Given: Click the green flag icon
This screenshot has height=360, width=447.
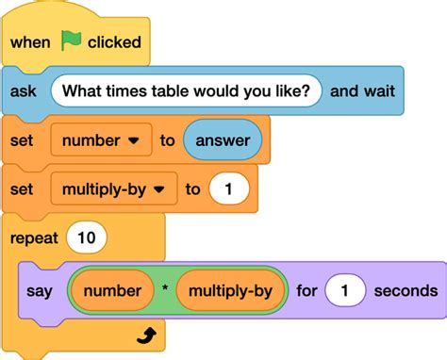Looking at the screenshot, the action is (72, 41).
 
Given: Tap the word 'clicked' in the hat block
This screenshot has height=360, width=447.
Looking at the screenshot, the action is (114, 42).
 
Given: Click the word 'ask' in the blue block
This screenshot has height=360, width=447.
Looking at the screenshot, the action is (24, 91).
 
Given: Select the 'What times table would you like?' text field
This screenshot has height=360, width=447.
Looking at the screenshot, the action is (187, 91).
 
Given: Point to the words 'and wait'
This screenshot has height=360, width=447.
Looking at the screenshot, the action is (362, 91).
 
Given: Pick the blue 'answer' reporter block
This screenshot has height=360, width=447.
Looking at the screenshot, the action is (223, 140).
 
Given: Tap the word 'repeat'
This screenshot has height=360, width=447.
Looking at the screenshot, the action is (33, 238).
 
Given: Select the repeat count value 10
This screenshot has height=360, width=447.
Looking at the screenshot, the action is (86, 238).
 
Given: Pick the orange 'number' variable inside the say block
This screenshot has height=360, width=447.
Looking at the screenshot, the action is (112, 290).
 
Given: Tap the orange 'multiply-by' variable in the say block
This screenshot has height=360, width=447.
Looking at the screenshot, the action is (230, 290).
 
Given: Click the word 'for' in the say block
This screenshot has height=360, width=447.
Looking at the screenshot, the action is (306, 290).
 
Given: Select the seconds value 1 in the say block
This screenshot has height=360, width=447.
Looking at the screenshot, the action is (345, 290).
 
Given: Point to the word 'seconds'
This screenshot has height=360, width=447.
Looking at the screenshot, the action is (406, 290).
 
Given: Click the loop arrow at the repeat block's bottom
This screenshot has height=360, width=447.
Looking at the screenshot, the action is (144, 335).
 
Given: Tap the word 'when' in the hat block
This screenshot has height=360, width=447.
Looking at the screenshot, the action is (30, 42).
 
